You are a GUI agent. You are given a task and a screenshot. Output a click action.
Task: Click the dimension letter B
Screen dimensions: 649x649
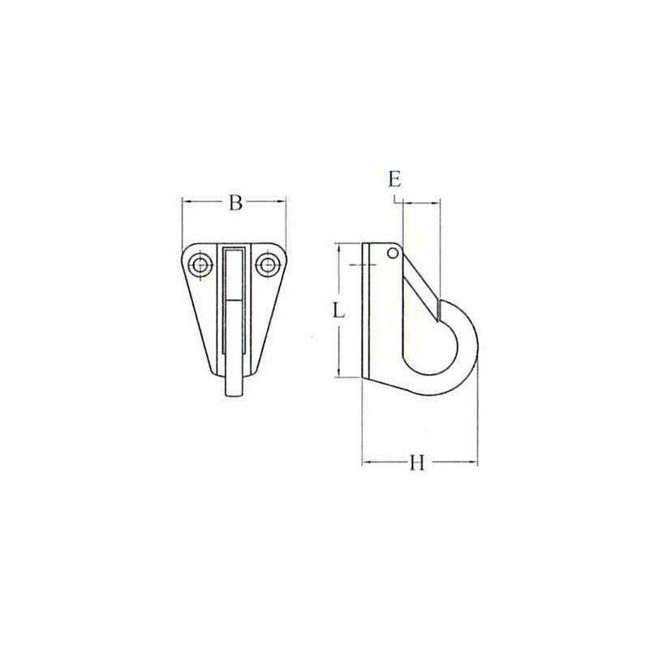point(234,203)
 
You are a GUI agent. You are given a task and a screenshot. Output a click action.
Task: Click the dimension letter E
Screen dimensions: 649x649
point(394,179)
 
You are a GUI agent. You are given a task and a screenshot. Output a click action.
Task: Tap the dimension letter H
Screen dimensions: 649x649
point(417,463)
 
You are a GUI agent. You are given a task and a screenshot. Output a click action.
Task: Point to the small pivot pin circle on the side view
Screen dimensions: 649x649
point(393,253)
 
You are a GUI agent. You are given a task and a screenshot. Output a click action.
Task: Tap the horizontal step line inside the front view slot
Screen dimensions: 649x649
point(233,299)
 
